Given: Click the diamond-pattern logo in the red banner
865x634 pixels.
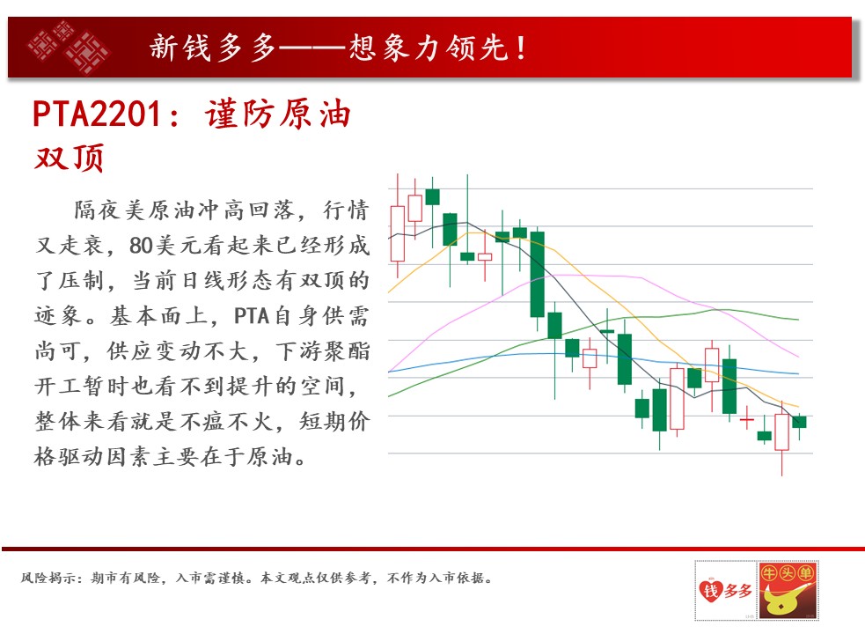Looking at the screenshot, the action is click(69, 48).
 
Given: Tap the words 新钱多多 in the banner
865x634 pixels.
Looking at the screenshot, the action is click(212, 48).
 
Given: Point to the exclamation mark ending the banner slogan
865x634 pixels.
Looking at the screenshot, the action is click(521, 48).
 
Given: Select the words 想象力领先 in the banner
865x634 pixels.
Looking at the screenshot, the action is click(428, 48).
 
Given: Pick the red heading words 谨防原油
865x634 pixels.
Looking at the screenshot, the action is click(278, 114).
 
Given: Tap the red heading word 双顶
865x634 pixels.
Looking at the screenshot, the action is click(69, 158).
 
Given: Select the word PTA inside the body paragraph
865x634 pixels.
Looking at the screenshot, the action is click(252, 316).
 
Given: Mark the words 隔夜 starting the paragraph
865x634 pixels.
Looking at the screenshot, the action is click(99, 210).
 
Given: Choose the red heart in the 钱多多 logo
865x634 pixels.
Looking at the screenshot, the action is click(710, 590).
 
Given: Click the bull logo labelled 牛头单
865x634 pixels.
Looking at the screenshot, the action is click(788, 590).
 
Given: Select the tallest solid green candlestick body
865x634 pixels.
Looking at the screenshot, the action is click(537, 275).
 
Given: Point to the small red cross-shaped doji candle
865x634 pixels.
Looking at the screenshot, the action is click(747, 420).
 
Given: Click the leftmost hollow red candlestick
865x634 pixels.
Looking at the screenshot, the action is click(397, 233).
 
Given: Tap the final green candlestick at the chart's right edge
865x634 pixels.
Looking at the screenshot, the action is click(799, 422).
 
